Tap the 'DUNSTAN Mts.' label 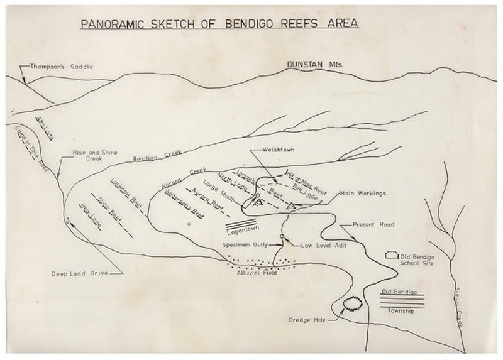pyautogui.click(x=313, y=64)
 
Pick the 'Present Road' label pyautogui.click(x=372, y=224)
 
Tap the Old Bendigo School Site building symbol pyautogui.click(x=390, y=254)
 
